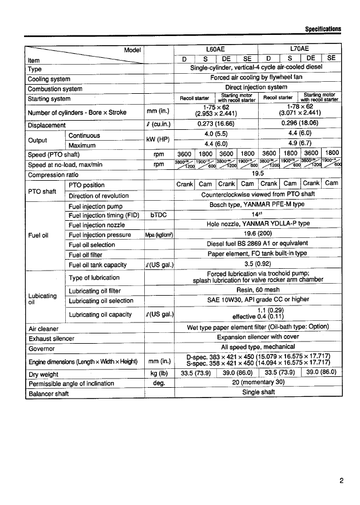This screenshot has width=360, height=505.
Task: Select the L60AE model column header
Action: (216, 49)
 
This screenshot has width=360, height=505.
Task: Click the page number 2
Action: (341, 480)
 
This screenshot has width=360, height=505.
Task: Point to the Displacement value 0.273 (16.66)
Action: (216, 125)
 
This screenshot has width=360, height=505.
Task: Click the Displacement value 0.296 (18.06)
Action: (300, 125)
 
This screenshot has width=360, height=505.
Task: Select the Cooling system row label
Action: (49, 79)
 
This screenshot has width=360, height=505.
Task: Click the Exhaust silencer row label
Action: (52, 339)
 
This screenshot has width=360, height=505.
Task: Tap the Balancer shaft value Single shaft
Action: (259, 392)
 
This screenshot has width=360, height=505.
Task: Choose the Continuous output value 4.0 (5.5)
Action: (216, 135)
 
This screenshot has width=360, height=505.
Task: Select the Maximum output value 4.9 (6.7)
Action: (300, 144)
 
